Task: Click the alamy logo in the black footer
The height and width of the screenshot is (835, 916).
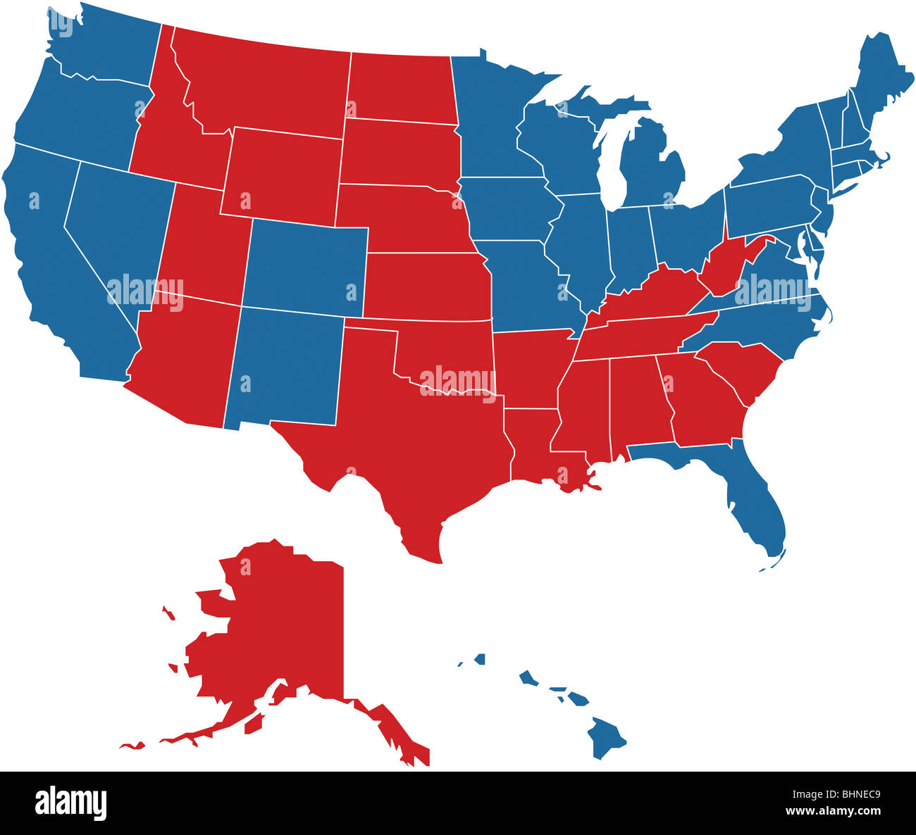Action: pyautogui.click(x=70, y=803)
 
